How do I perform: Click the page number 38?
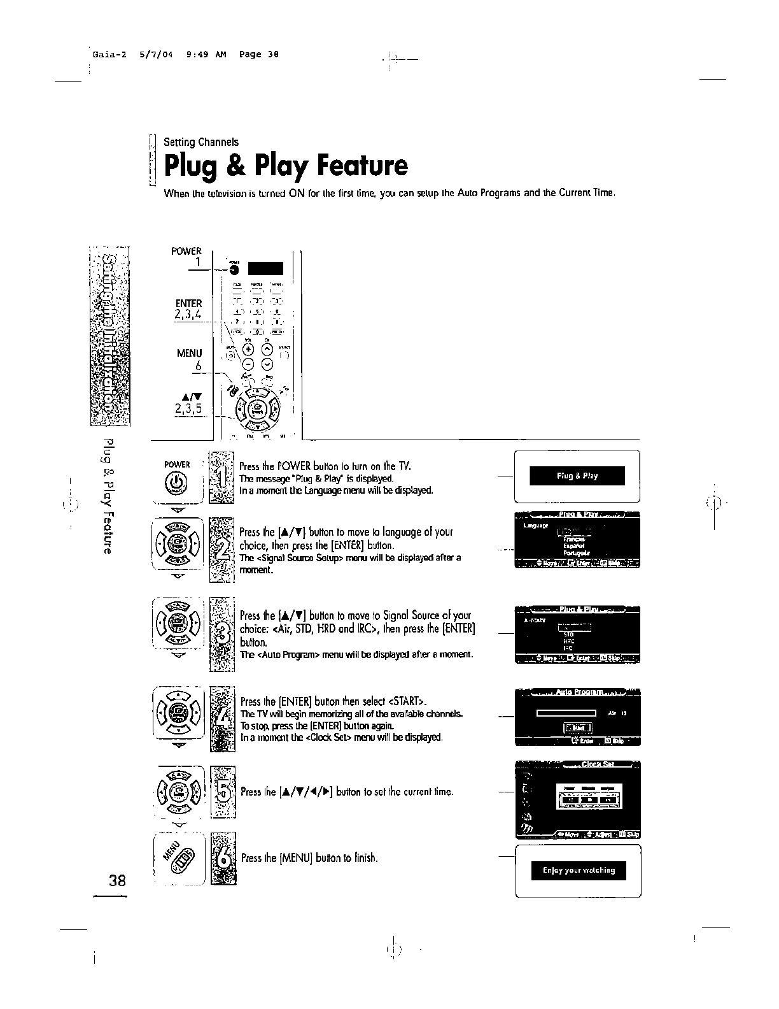pyautogui.click(x=117, y=882)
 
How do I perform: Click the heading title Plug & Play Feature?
pyautogui.click(x=285, y=166)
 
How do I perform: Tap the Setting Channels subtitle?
pyautogui.click(x=201, y=142)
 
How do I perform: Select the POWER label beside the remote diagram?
pyautogui.click(x=186, y=251)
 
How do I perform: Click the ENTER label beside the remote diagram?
pyautogui.click(x=188, y=303)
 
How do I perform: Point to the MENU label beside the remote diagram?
pyautogui.click(x=189, y=353)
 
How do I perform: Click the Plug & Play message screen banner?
pyautogui.click(x=577, y=476)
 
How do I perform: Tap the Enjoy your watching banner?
pyautogui.click(x=579, y=870)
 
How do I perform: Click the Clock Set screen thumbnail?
pyautogui.click(x=577, y=799)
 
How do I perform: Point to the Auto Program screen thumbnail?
pyautogui.click(x=577, y=717)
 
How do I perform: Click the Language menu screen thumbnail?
pyautogui.click(x=577, y=539)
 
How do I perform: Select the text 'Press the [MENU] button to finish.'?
pyautogui.click(x=309, y=858)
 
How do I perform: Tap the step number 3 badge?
pyautogui.click(x=222, y=634)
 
